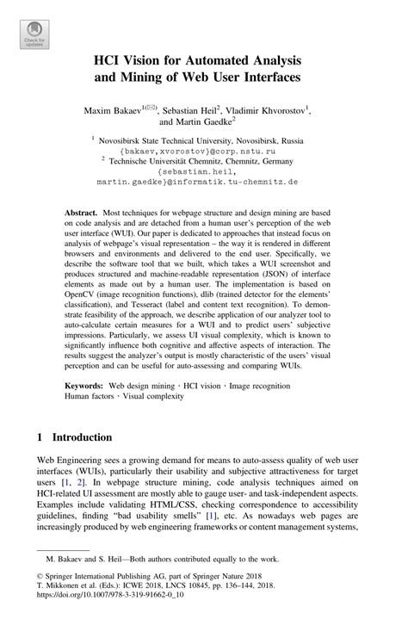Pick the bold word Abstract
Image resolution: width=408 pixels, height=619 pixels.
[81, 210]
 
